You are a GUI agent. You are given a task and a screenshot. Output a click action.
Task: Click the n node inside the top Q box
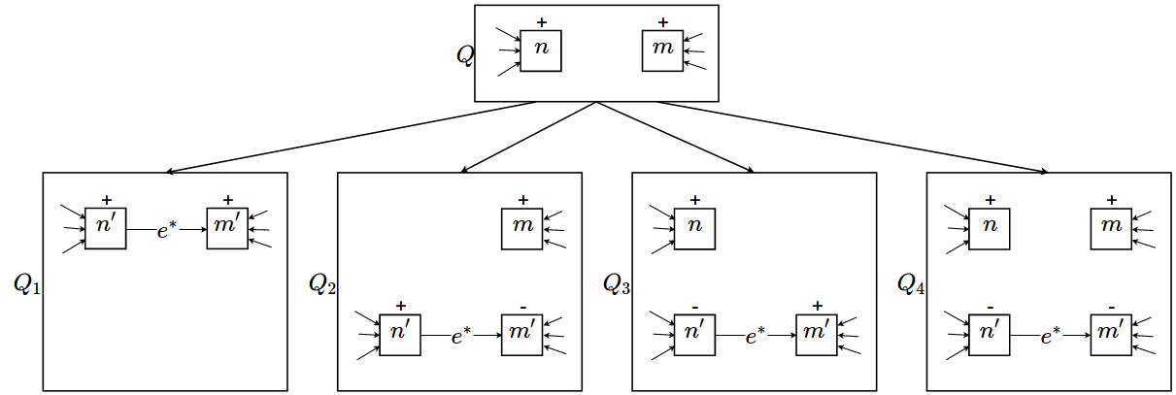[541, 50]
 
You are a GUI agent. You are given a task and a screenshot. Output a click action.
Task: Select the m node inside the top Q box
[662, 50]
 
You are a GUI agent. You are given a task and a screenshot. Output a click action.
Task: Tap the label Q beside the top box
[465, 54]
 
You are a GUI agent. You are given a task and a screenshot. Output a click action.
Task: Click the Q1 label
[27, 283]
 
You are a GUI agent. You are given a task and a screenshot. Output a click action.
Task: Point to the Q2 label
[322, 283]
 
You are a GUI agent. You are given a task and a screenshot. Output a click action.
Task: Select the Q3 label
[617, 283]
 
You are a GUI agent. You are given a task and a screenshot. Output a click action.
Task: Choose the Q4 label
[912, 283]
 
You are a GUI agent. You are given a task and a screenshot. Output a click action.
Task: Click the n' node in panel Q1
[106, 228]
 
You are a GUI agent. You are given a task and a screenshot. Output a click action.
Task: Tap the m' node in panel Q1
[227, 228]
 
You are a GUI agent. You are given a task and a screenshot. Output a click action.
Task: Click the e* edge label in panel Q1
[166, 229]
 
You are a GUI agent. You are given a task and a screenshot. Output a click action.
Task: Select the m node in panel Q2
[522, 228]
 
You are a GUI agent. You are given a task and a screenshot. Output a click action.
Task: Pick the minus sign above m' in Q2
[522, 307]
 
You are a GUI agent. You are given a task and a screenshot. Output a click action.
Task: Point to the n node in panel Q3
[694, 228]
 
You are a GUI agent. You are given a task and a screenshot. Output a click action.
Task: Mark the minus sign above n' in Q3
[694, 307]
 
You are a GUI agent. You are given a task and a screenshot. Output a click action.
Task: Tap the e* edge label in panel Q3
[756, 336]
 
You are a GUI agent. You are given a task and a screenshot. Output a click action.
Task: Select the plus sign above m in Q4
[1111, 200]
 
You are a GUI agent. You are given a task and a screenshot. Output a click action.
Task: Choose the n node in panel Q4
[990, 228]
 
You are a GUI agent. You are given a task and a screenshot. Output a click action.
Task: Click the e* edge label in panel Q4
[1050, 336]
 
